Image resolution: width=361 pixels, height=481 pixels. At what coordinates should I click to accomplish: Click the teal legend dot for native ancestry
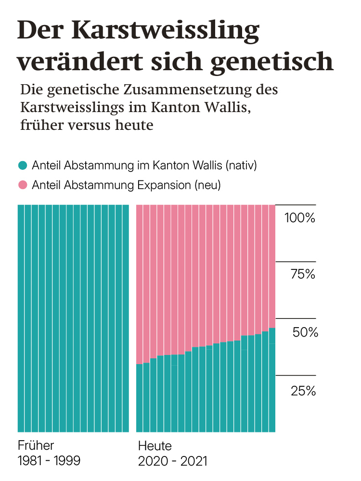pyautogui.click(x=22, y=166)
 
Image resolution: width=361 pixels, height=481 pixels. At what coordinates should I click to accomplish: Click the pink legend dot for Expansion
pyautogui.click(x=22, y=185)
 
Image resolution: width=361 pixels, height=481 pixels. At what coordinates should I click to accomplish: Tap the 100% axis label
pyautogui.click(x=299, y=218)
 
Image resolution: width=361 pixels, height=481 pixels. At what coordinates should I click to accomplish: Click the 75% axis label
pyautogui.click(x=302, y=275)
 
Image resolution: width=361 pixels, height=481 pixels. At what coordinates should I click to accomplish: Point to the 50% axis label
pyautogui.click(x=305, y=332)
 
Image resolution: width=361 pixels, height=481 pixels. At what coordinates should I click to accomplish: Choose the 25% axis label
pyautogui.click(x=303, y=391)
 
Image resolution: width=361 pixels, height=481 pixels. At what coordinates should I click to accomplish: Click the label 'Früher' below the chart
pyautogui.click(x=36, y=444)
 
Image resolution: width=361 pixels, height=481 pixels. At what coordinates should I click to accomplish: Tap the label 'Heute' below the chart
pyautogui.click(x=155, y=444)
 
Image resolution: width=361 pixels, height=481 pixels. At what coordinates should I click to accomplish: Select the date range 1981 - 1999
pyautogui.click(x=49, y=461)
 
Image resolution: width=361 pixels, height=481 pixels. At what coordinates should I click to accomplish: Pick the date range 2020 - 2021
pyautogui.click(x=172, y=461)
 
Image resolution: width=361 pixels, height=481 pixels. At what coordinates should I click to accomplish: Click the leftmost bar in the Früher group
pyautogui.click(x=21, y=317)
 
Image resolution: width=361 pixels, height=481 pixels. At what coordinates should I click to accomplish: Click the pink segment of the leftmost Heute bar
pyautogui.click(x=140, y=284)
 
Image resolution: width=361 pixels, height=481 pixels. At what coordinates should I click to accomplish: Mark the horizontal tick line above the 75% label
pyautogui.click(x=295, y=262)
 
